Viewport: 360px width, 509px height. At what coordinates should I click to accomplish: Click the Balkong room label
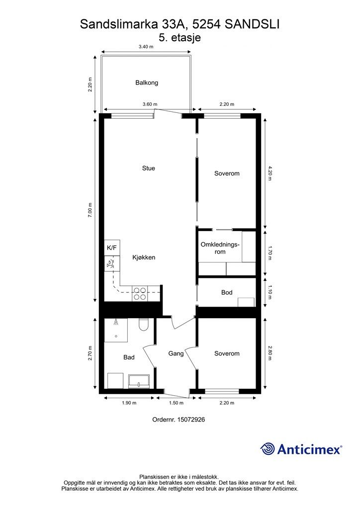click(x=147, y=83)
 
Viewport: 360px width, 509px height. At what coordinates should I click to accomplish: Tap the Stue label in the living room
click(x=149, y=168)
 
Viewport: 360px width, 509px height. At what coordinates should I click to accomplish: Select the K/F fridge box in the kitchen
click(x=112, y=248)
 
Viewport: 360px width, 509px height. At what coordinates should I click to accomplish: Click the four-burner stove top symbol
click(x=140, y=293)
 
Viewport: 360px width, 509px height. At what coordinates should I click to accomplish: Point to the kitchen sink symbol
click(x=111, y=263)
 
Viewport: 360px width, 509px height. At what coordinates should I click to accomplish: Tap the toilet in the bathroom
click(x=143, y=325)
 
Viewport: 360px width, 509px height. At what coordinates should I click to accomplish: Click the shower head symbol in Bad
click(x=116, y=322)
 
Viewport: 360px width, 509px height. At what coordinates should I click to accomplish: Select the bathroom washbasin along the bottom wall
click(x=139, y=381)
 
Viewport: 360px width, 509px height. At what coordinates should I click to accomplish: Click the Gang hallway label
click(x=176, y=353)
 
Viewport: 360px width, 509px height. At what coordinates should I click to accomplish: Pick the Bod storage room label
click(x=227, y=292)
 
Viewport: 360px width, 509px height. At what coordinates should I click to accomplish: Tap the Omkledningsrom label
click(x=220, y=248)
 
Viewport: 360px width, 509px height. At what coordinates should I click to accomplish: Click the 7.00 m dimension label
click(x=90, y=210)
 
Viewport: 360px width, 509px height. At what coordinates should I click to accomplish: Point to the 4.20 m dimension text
click(x=270, y=173)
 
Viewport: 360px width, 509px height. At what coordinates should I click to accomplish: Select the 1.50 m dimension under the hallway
click(x=176, y=403)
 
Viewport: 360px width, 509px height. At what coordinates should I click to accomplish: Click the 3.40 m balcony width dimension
click(x=146, y=46)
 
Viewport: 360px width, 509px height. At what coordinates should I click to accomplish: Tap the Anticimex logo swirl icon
click(x=268, y=449)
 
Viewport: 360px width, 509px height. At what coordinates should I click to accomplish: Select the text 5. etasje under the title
click(x=180, y=38)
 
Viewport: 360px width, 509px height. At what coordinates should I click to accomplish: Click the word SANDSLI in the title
click(x=252, y=24)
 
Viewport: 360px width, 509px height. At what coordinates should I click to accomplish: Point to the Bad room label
click(x=129, y=357)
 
